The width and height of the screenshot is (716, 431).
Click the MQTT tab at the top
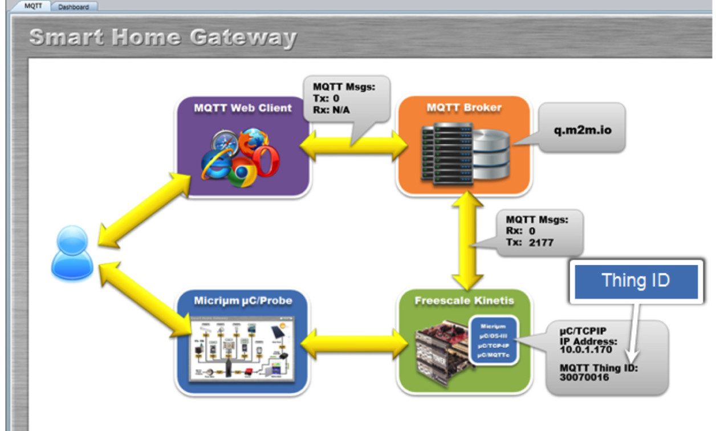[x=34, y=6]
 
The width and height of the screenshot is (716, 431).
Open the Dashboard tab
[x=74, y=7]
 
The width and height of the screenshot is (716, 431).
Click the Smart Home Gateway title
[x=162, y=38]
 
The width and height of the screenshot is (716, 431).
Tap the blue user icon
[x=72, y=253]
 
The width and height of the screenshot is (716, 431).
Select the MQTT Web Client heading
[x=242, y=108]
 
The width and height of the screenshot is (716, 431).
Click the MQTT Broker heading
[x=463, y=107]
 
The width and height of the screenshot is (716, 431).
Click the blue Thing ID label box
[x=636, y=281]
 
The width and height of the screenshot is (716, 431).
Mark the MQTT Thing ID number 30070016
[x=584, y=377]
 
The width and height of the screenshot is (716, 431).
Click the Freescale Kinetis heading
[x=464, y=300]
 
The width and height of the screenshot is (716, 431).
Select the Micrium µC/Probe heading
[x=242, y=301]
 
